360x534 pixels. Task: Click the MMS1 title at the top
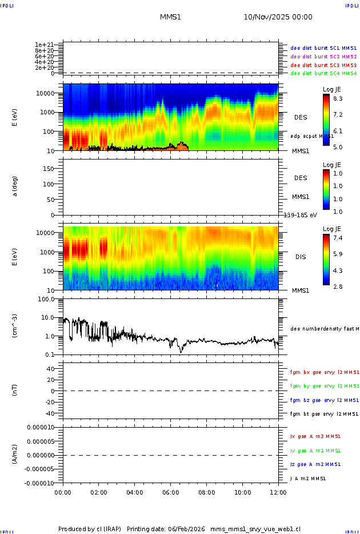tap(170, 17)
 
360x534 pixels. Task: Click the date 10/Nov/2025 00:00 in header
tap(278, 17)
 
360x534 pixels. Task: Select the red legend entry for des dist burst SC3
tap(323, 65)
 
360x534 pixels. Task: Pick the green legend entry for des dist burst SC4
tap(323, 73)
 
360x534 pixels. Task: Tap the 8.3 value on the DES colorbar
tap(338, 99)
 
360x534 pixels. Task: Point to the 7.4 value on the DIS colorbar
tap(338, 237)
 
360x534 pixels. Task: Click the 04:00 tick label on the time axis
tap(135, 492)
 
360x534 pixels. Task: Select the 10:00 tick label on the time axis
tap(242, 492)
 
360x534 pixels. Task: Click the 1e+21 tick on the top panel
tap(44, 45)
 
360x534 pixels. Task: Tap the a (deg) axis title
tap(16, 186)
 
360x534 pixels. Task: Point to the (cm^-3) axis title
tap(16, 326)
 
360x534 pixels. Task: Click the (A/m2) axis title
tap(16, 455)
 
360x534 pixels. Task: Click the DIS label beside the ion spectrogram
tap(300, 257)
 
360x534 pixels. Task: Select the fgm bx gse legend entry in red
tap(323, 372)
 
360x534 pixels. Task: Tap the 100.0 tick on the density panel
tap(46, 299)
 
